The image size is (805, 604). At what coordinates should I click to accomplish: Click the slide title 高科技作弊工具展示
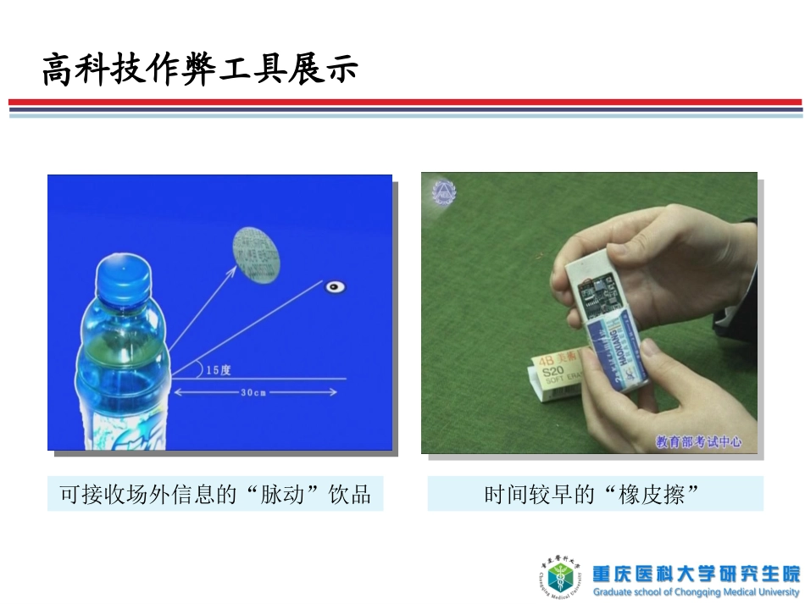200,69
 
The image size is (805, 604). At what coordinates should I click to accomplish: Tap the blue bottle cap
123,278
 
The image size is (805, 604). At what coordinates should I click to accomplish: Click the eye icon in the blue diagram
336,287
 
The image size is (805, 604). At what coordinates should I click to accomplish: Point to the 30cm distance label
254,392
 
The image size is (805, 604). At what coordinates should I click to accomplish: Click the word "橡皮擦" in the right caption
652,495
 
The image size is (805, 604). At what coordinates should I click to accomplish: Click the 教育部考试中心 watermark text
699,441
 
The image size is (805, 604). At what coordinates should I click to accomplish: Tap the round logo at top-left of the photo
443,193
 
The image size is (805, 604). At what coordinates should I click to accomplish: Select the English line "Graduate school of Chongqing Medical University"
696,592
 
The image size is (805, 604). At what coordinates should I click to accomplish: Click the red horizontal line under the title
404,103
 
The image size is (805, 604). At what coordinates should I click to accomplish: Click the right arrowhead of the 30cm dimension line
333,392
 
